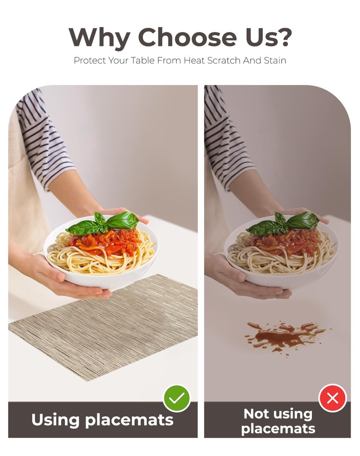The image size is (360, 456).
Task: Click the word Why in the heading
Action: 99,38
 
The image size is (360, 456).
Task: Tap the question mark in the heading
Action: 283,37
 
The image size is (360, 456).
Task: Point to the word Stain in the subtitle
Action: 275,60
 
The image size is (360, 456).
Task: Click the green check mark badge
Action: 177,398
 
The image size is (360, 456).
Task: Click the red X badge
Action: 333,398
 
